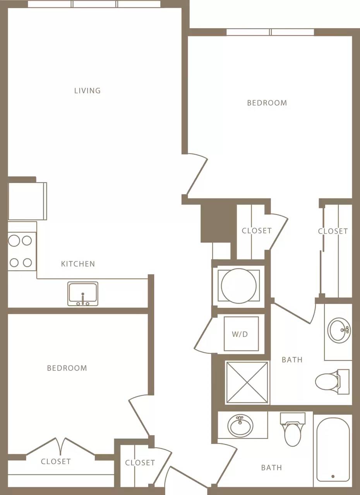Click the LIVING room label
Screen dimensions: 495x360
pos(87,90)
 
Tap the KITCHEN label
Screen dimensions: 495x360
pos(78,264)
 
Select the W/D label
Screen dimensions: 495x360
pos(240,334)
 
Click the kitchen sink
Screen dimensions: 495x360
pos(83,294)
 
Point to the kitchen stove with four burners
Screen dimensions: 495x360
pos(21,251)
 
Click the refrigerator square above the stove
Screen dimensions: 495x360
pos(27,201)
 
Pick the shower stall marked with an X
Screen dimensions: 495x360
pos(247,382)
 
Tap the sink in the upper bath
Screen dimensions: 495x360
pos(339,330)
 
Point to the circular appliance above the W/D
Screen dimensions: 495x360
pos(238,286)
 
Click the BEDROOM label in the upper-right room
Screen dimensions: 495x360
pos(267,103)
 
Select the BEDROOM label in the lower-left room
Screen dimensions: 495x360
pos(67,368)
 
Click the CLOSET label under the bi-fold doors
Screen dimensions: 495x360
pos(56,461)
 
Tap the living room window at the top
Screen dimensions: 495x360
pos(94,4)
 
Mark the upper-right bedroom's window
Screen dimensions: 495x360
pos(270,32)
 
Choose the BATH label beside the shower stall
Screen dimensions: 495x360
pos(292,360)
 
